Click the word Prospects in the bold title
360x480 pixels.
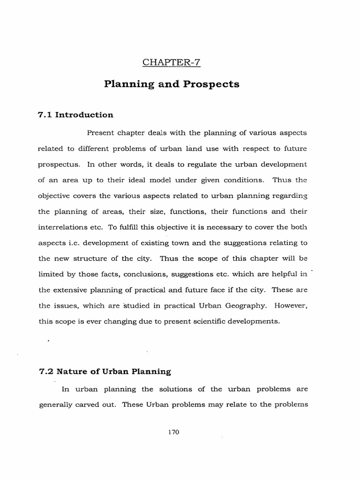213,84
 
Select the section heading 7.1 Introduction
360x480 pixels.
75,115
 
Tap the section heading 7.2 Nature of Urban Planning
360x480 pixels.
105,372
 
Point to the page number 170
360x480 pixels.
173,433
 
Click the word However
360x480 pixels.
291,306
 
